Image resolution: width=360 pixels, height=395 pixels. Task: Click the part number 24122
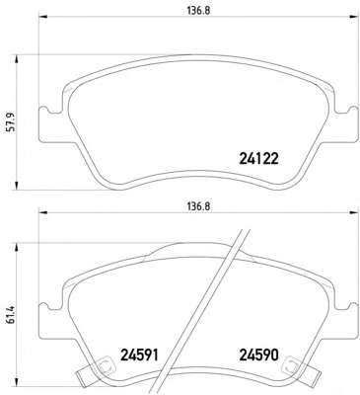pos(259,159)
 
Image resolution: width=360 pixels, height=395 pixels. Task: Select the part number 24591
pos(140,355)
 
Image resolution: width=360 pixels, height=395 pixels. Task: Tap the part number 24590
pos(259,355)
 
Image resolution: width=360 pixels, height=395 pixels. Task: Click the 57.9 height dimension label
pos(11,122)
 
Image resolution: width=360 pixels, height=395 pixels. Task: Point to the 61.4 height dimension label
pos(11,315)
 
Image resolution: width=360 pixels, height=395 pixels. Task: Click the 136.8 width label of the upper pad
pos(198,11)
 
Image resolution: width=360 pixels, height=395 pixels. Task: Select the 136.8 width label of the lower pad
pos(198,206)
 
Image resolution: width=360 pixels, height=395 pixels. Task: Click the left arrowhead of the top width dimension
pos(43,16)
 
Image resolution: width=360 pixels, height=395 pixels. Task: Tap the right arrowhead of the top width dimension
pos(353,16)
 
